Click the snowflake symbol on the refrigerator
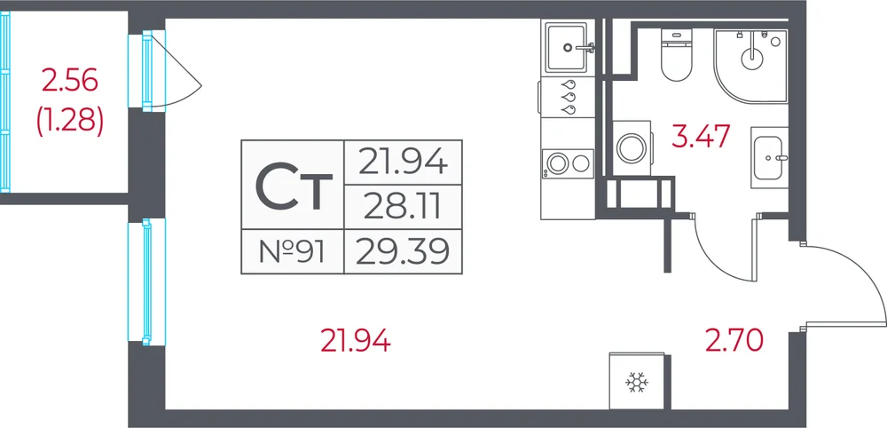[637, 384]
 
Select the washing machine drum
[632, 147]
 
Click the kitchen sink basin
[566, 48]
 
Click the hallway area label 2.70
[734, 340]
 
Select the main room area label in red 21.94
[356, 341]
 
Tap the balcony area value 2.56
[70, 81]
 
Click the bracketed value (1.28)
[70, 122]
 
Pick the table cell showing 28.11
[403, 207]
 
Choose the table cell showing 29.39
[403, 251]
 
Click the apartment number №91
[292, 251]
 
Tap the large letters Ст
[293, 185]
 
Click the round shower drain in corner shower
[752, 55]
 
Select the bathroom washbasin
[769, 157]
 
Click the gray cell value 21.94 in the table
[403, 163]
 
